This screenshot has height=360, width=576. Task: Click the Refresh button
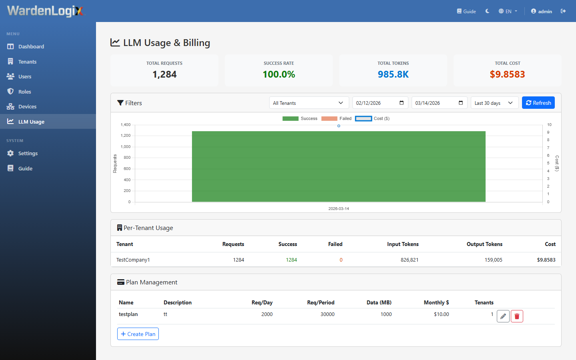pos(538,103)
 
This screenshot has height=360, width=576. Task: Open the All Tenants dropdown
pos(308,103)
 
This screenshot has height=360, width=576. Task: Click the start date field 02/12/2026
pos(380,103)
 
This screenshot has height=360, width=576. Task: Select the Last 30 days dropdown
pos(494,103)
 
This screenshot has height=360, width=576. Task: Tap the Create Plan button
pos(138,334)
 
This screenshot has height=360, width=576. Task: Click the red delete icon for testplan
pos(517,316)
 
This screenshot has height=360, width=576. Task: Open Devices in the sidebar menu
pos(27,107)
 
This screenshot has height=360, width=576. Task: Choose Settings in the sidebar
pos(28,154)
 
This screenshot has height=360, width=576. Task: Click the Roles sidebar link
pos(24,92)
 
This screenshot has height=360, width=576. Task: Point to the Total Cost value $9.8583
pos(507,74)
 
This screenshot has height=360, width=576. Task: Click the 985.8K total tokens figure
pos(393,74)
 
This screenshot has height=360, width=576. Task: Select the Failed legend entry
pos(336,118)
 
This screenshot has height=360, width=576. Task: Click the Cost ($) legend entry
pos(372,118)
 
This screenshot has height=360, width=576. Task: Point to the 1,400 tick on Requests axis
pos(126,125)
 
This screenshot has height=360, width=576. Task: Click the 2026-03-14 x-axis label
pos(338,209)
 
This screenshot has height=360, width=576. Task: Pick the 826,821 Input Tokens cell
pos(409,260)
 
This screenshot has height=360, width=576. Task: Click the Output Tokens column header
pos(484,244)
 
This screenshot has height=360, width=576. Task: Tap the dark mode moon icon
pos(487,11)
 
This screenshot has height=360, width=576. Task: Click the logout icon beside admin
pos(563,11)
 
